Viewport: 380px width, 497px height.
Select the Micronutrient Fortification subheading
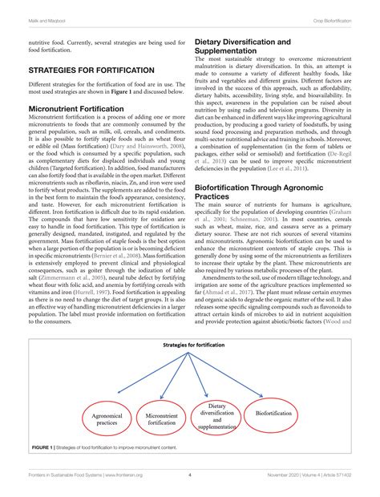[x=77, y=107]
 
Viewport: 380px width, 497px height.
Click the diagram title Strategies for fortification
[x=189, y=345]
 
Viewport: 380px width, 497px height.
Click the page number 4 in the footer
[x=189, y=475]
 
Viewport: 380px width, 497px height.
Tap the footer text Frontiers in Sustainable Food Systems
[x=70, y=475]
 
